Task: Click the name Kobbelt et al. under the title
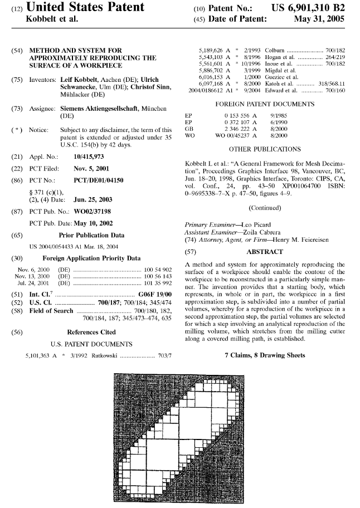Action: (51, 19)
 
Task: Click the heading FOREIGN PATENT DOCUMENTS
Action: (264, 104)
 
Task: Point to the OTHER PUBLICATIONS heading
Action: (265, 149)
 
